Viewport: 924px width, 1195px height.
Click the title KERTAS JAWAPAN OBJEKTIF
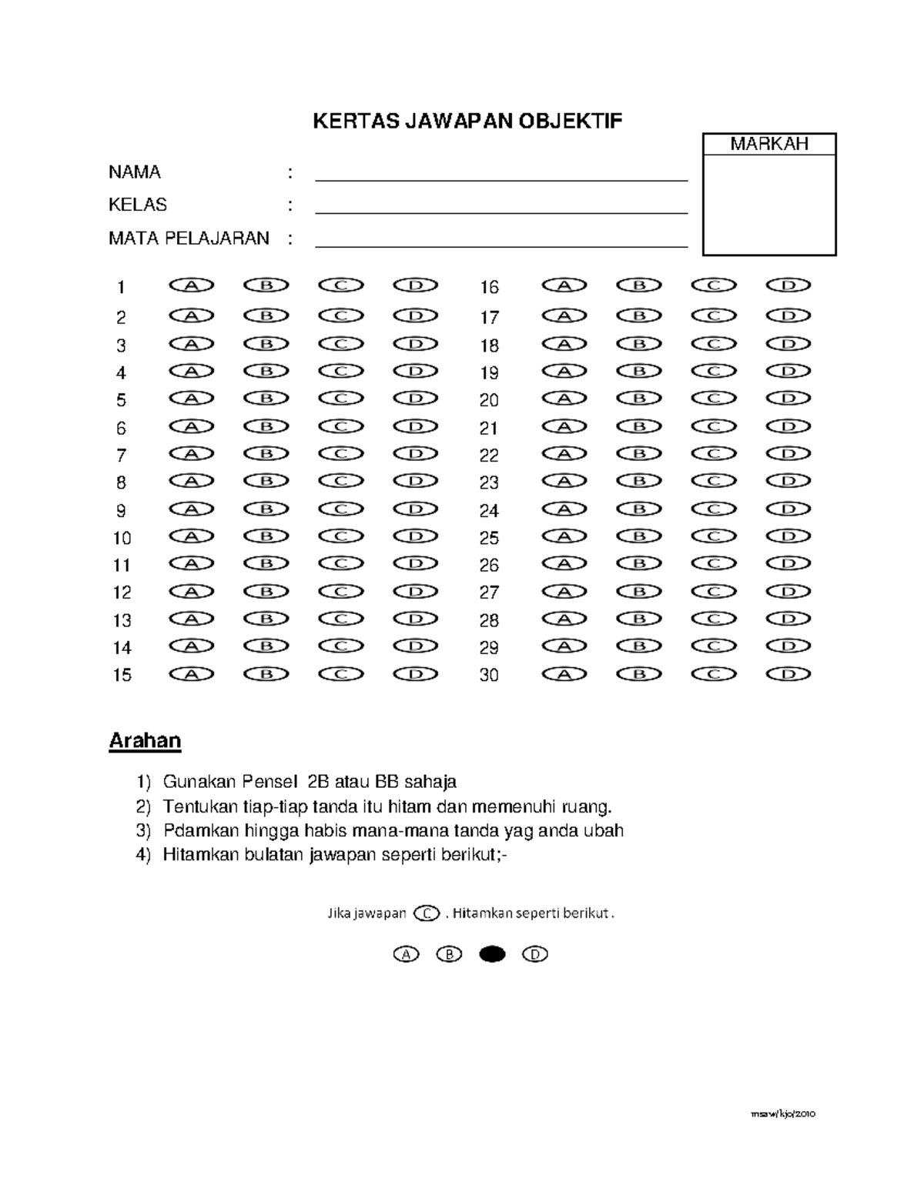[x=467, y=121]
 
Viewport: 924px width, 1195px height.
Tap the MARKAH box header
[x=768, y=144]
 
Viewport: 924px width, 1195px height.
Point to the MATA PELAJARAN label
[x=189, y=239]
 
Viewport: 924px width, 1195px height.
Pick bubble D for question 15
[x=415, y=674]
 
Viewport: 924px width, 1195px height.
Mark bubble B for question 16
[x=639, y=285]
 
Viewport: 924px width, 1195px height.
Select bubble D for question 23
[x=788, y=482]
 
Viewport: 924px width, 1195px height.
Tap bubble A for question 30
[x=564, y=674]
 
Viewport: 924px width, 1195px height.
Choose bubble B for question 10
[x=266, y=536]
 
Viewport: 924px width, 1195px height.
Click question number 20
[x=489, y=400]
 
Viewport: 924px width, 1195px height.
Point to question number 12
[x=122, y=592]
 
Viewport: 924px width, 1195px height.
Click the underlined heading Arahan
[x=145, y=741]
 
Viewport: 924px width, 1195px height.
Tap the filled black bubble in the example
[x=492, y=955]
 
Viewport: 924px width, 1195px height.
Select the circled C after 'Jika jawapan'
[x=427, y=914]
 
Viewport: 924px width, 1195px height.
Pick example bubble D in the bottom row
[x=534, y=955]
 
